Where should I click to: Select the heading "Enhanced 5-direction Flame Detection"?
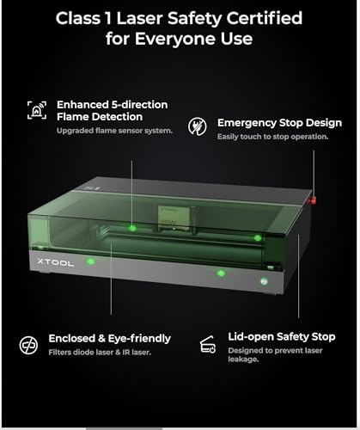coord(113,111)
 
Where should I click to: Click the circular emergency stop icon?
coord(198,124)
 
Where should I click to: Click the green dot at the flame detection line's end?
coord(132,228)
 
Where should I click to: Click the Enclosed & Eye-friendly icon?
coord(28,344)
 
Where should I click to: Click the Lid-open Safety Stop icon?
coord(207,345)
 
